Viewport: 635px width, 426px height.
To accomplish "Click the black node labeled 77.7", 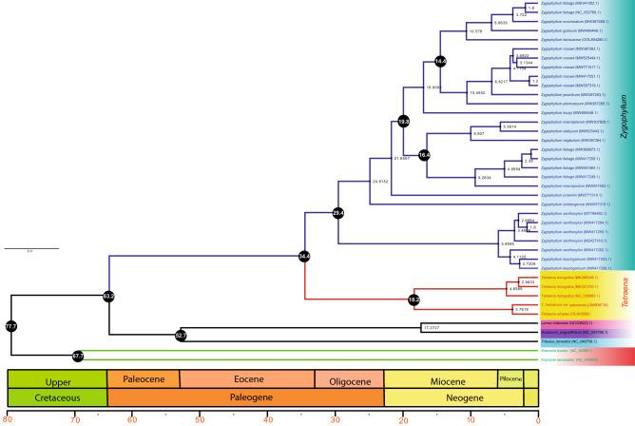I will tap(11, 326).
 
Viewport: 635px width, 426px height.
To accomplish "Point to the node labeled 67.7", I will tap(79, 356).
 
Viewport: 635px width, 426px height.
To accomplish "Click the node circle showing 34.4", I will tap(304, 256).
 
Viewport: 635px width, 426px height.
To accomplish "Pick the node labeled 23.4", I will tap(337, 213).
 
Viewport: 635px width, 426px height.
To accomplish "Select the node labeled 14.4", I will tap(440, 62).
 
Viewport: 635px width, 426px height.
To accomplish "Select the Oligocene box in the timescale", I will tap(349, 379).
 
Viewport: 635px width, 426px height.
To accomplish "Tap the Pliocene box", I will tap(510, 379).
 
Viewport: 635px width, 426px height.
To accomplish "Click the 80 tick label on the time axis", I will tap(8, 420).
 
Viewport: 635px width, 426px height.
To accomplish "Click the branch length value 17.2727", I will tap(433, 326).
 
